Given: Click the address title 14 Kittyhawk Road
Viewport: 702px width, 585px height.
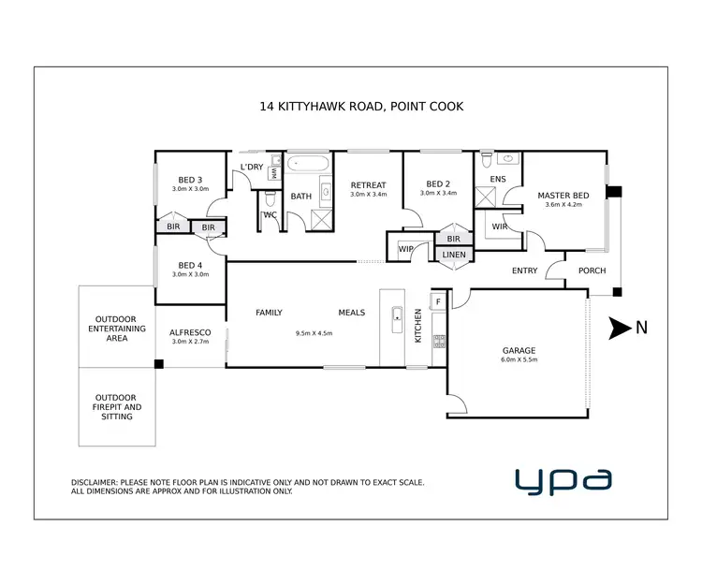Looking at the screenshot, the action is [360, 107].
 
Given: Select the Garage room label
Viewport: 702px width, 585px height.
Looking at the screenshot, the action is [518, 351].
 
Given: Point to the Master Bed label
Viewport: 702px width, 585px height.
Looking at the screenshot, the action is [563, 196].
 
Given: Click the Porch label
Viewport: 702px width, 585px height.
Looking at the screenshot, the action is [592, 271].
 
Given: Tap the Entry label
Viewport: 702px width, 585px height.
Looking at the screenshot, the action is [524, 271].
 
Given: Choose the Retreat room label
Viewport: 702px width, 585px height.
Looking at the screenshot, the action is [368, 184].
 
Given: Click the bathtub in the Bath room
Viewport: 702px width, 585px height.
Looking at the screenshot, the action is [307, 164].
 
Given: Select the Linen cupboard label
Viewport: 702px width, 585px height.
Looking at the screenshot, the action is [454, 254].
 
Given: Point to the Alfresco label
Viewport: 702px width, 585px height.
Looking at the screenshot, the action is [189, 332].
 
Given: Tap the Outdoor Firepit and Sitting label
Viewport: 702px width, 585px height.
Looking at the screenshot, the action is [117, 406].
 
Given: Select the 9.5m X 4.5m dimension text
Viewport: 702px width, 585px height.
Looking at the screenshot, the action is [314, 333].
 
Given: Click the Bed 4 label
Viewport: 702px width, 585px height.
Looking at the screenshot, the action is [190, 265].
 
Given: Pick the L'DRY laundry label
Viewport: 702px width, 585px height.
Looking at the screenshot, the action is [252, 167].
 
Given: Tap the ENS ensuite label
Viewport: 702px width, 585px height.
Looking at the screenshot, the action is [498, 179].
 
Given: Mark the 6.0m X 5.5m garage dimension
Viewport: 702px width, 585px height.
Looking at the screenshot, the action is [519, 360].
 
